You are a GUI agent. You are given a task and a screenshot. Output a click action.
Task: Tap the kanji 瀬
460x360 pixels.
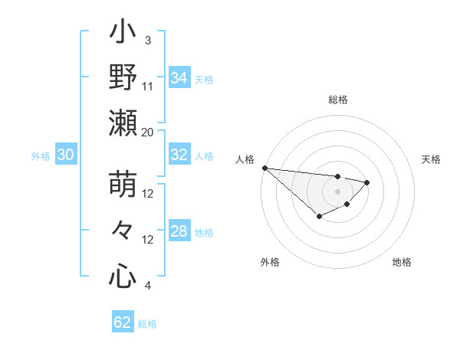pyautogui.click(x=123, y=123)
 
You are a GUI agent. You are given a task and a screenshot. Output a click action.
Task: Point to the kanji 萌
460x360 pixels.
pyautogui.click(x=123, y=185)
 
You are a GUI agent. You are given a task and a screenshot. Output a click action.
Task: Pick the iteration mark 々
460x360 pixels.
pyautogui.click(x=123, y=231)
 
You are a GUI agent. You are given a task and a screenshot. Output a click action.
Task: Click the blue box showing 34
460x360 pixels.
pyautogui.click(x=179, y=77)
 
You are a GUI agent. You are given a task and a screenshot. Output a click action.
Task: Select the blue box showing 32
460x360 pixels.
pyautogui.click(x=179, y=155)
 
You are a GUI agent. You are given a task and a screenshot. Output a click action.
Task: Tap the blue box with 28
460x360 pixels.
pyautogui.click(x=179, y=231)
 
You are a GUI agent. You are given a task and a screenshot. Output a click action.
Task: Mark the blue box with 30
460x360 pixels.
pyautogui.click(x=65, y=155)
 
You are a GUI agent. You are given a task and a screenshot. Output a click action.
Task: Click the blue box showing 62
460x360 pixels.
pyautogui.click(x=123, y=322)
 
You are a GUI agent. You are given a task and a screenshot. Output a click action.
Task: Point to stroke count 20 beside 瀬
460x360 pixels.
pyautogui.click(x=148, y=133)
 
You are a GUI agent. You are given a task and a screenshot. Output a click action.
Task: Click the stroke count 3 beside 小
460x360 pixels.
pyautogui.click(x=148, y=40)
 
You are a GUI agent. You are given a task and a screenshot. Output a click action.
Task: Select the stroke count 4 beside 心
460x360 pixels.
pyautogui.click(x=148, y=286)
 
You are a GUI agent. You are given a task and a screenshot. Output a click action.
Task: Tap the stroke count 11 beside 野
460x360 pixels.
pyautogui.click(x=148, y=86)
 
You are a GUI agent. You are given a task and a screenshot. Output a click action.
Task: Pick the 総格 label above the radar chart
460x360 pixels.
pyautogui.click(x=338, y=100)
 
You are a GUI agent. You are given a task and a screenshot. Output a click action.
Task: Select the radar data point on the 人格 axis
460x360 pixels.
pyautogui.click(x=264, y=168)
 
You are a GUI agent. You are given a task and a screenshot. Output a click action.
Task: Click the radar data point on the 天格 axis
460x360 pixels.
pyautogui.click(x=367, y=182)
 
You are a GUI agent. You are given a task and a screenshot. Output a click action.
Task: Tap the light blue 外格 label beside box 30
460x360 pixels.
pyautogui.click(x=41, y=155)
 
